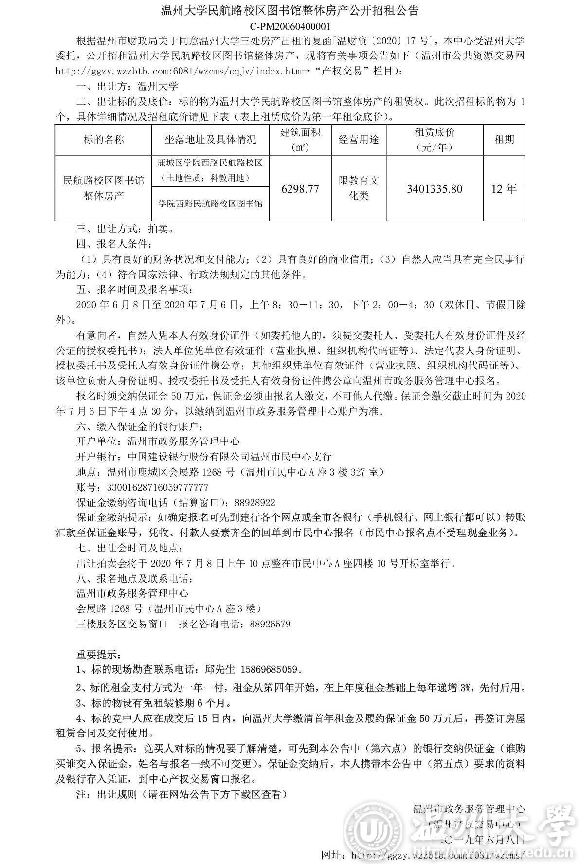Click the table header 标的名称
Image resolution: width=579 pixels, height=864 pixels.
point(104,140)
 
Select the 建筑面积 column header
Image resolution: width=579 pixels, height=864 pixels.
point(300,140)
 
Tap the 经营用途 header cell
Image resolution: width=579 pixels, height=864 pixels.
point(359,140)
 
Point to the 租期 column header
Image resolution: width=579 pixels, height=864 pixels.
point(504,140)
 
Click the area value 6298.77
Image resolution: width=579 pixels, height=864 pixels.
point(300,189)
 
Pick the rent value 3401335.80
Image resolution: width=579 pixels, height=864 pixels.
point(434,189)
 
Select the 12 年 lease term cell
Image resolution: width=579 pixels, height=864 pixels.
point(504,189)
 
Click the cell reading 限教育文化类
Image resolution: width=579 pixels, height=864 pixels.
point(359,188)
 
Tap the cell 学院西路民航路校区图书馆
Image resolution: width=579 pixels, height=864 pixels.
point(210,203)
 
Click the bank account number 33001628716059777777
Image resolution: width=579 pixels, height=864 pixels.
point(154,487)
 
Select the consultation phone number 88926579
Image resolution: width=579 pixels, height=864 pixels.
point(269,624)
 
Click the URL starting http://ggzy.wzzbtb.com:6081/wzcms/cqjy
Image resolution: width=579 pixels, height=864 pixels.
point(178,71)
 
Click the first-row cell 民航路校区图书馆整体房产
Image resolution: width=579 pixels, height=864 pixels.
point(104,188)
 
